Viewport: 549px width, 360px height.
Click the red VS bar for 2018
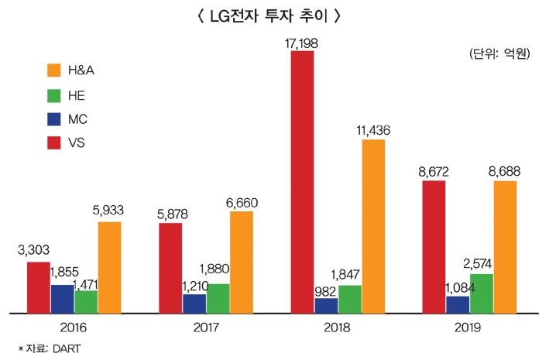click(x=303, y=182)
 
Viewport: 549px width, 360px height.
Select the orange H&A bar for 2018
click(x=373, y=226)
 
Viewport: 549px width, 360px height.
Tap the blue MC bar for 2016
click(x=63, y=299)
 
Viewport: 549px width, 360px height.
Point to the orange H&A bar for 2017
click(x=241, y=262)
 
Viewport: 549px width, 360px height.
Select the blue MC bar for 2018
click(x=326, y=306)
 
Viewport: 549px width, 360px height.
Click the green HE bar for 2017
click(x=218, y=298)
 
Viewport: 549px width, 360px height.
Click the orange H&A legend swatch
click(x=53, y=70)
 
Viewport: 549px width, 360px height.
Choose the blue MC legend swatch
click(x=53, y=121)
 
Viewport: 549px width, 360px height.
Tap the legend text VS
click(x=77, y=145)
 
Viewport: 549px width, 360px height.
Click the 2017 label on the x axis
click(x=205, y=327)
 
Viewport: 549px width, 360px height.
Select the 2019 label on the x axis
click(x=469, y=327)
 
